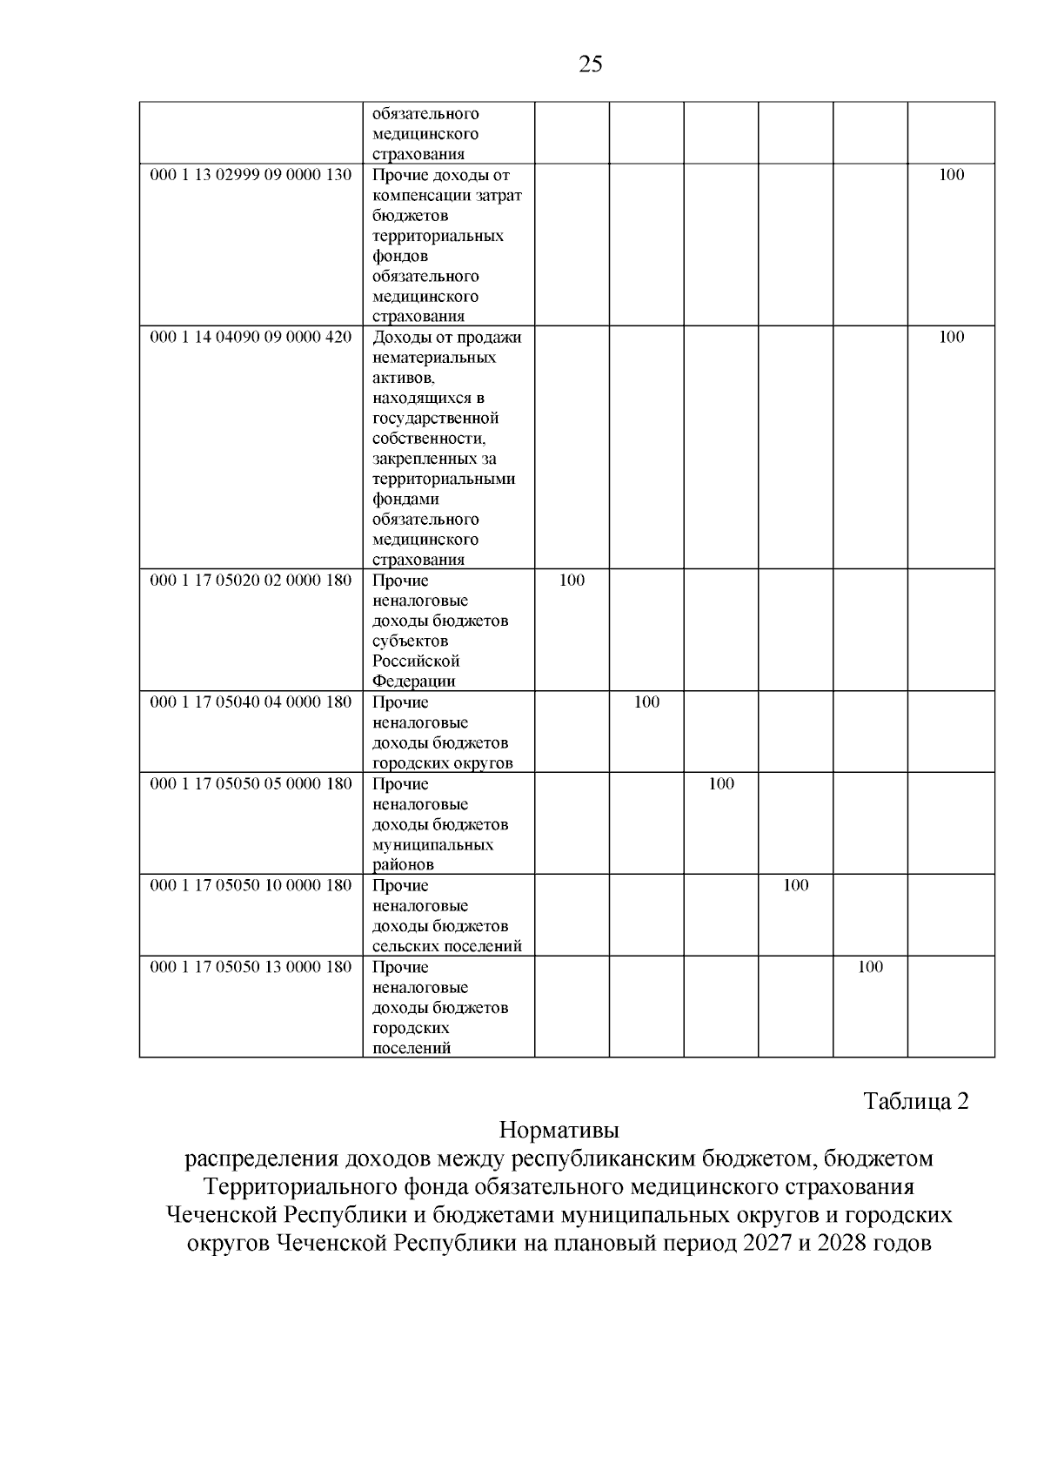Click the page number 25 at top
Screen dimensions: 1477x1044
click(590, 64)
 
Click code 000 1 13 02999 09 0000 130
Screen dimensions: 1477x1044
click(251, 175)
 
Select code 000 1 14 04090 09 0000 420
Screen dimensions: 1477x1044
click(251, 338)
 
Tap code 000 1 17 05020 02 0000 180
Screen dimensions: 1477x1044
click(251, 581)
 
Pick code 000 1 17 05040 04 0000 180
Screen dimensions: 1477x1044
click(251, 702)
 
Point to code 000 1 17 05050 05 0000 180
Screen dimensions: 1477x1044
click(251, 784)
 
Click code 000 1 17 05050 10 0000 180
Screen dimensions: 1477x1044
click(251, 886)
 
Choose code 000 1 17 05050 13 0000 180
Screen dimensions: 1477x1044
click(251, 967)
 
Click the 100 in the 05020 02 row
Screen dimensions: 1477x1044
click(572, 581)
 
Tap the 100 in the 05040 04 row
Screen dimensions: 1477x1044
click(646, 702)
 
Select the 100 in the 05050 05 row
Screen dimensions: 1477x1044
click(721, 784)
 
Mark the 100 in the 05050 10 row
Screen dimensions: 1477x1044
click(796, 886)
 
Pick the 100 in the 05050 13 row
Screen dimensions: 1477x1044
click(870, 967)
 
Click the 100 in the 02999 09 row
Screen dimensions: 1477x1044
click(952, 175)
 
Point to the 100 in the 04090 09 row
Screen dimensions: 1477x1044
click(952, 338)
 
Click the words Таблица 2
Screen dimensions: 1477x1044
click(915, 1102)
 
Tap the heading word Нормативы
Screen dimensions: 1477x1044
click(559, 1131)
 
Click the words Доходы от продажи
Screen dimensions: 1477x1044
click(447, 338)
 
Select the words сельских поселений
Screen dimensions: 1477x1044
click(447, 947)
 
